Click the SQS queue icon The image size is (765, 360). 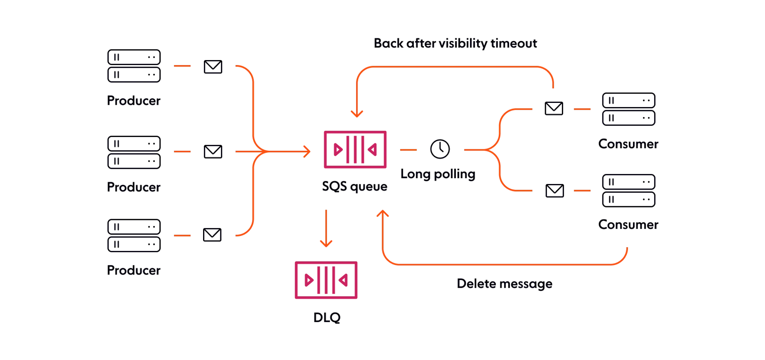(x=355, y=150)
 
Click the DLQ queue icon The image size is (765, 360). (x=326, y=280)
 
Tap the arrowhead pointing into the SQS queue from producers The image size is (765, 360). (x=307, y=151)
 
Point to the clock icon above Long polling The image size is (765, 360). (x=440, y=149)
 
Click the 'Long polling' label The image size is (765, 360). (x=438, y=174)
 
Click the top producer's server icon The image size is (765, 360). (x=133, y=66)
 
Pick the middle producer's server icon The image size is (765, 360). (x=133, y=152)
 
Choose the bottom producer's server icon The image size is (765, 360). (x=133, y=235)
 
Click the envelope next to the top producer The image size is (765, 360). (x=213, y=67)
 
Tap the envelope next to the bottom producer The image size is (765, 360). (x=213, y=234)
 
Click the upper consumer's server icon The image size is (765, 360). (x=628, y=109)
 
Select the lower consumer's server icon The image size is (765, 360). (x=628, y=190)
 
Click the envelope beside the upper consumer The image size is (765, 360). (x=554, y=108)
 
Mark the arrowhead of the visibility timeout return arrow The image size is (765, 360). (x=356, y=114)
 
